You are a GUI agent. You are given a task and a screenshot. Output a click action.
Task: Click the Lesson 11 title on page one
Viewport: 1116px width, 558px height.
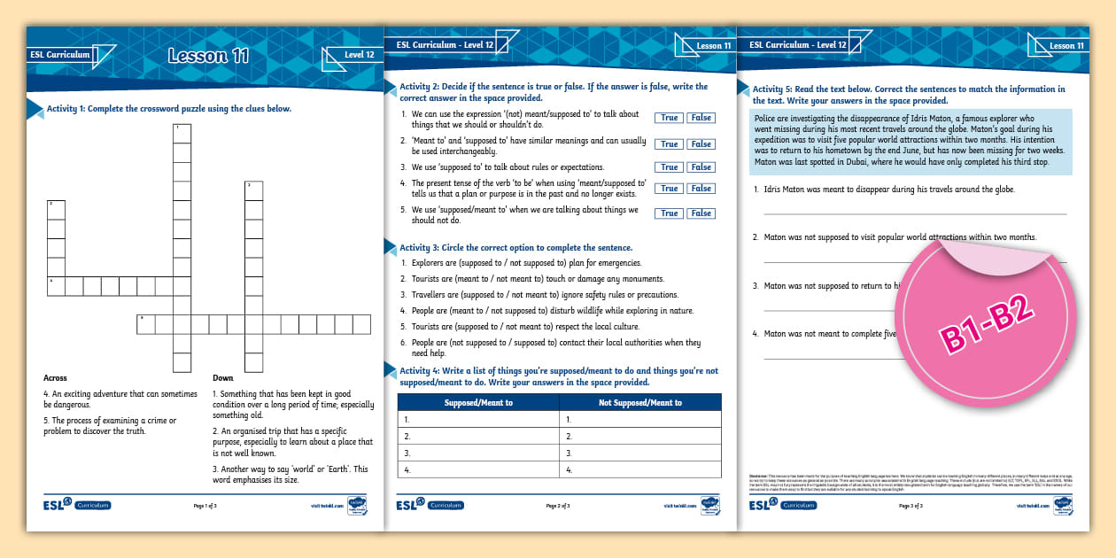209,57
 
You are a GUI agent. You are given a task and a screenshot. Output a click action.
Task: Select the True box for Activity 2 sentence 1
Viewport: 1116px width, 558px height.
670,118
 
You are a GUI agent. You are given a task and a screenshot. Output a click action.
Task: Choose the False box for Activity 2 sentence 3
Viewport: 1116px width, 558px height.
701,167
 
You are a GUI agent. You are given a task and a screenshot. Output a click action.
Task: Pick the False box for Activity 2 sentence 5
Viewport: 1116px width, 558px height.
701,213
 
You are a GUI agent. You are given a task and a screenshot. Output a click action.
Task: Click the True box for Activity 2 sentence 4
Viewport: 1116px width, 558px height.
670,189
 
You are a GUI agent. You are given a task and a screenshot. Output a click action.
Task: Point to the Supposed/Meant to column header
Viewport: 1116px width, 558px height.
478,403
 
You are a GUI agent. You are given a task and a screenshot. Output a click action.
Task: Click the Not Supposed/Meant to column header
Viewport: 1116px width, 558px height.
640,403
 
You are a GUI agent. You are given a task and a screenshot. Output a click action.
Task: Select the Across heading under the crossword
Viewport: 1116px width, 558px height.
55,378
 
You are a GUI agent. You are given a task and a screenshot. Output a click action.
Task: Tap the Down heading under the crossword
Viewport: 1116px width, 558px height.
222,378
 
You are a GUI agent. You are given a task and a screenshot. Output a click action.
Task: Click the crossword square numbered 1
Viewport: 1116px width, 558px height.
182,133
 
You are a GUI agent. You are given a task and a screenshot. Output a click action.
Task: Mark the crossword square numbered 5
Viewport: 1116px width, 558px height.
146,324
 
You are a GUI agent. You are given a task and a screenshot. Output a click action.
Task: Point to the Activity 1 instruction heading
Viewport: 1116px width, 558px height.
169,109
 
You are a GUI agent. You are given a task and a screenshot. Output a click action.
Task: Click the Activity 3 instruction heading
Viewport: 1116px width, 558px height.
516,248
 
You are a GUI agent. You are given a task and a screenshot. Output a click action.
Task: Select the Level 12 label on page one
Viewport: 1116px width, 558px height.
359,55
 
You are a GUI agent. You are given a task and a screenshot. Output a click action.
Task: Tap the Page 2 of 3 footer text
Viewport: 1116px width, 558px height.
558,506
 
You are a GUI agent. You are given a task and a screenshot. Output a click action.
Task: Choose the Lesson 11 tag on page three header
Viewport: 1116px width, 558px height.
1066,46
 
